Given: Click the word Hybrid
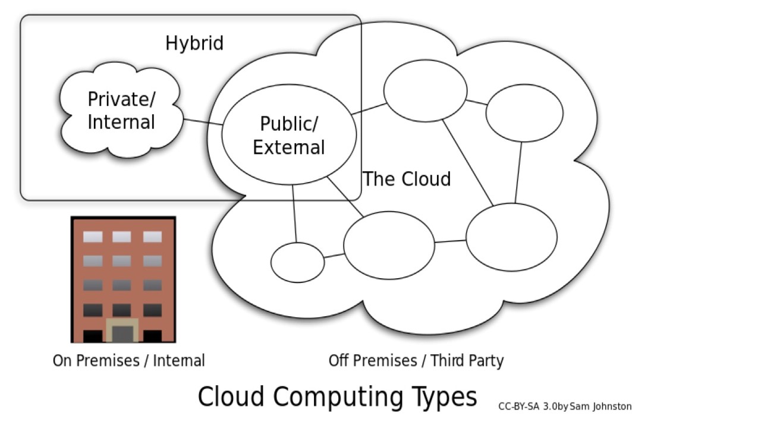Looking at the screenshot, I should pyautogui.click(x=194, y=43).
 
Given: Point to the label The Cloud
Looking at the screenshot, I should pyautogui.click(x=407, y=179).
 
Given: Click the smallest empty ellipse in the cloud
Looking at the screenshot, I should pyautogui.click(x=297, y=262).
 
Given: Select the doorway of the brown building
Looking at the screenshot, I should pyautogui.click(x=122, y=332).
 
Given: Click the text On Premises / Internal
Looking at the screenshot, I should pyautogui.click(x=128, y=361).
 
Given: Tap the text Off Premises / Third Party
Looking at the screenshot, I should pyautogui.click(x=416, y=361).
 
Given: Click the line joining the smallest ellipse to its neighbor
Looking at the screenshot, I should pyautogui.click(x=334, y=257).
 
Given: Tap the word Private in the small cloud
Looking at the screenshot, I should pyautogui.click(x=117, y=99).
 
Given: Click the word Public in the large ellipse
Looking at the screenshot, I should pyautogui.click(x=288, y=124).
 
